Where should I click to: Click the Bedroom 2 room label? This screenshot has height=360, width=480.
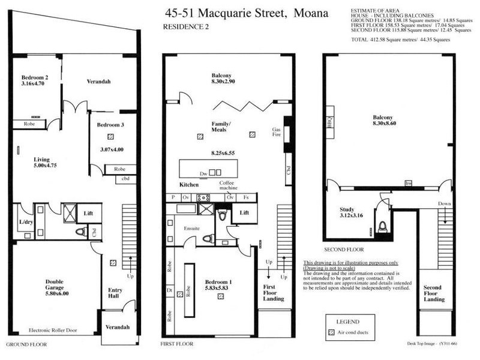(x=35, y=78)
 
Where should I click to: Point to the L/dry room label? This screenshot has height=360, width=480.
(x=25, y=222)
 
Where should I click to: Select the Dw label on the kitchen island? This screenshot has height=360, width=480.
(x=203, y=173)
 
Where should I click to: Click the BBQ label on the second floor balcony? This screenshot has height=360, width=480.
(x=329, y=123)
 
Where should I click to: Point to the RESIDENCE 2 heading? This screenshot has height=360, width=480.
(x=187, y=27)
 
